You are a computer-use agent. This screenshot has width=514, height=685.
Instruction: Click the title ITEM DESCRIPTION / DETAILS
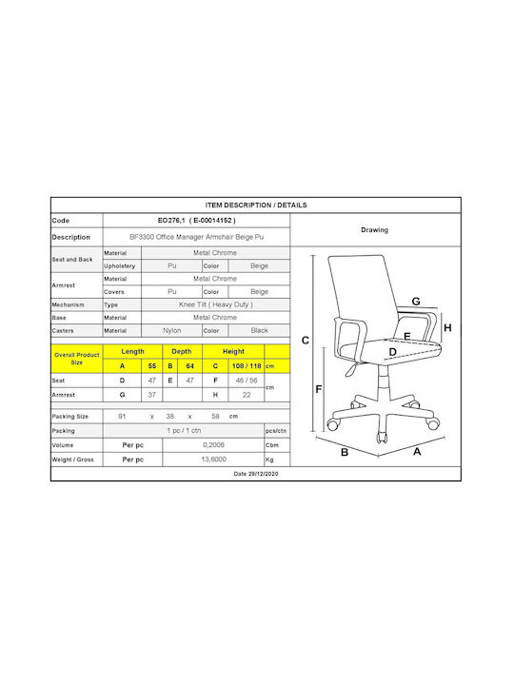coord(256,205)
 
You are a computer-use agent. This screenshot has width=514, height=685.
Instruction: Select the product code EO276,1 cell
coord(197,221)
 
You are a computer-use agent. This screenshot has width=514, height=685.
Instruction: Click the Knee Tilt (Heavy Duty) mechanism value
coord(215,304)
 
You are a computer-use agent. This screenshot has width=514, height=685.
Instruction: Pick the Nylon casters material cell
coord(171,331)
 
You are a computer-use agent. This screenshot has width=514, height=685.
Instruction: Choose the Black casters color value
coord(259,331)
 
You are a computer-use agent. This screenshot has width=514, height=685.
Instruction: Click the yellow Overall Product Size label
coord(77,359)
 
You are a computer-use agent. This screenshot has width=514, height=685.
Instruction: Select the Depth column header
coord(182,352)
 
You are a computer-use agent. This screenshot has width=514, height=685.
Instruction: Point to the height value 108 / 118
coord(247,366)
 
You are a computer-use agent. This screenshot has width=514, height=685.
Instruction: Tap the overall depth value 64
coord(189,366)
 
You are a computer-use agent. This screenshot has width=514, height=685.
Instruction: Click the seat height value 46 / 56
coord(247,381)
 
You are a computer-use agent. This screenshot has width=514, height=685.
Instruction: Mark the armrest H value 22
coord(247,395)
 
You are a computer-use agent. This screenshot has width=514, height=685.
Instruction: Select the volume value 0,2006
coord(213,445)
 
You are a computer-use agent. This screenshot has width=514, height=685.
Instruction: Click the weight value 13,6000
coord(213,460)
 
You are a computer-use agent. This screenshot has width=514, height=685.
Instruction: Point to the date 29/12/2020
coord(256,474)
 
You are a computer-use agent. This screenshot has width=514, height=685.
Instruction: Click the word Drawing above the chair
coord(375,230)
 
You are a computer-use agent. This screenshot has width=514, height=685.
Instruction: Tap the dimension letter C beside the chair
coord(306,341)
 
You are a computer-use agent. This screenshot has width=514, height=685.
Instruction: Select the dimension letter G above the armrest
coord(416,301)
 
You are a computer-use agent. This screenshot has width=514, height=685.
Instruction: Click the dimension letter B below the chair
coord(345,453)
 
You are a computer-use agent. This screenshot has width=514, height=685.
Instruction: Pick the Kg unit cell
coord(269,460)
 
